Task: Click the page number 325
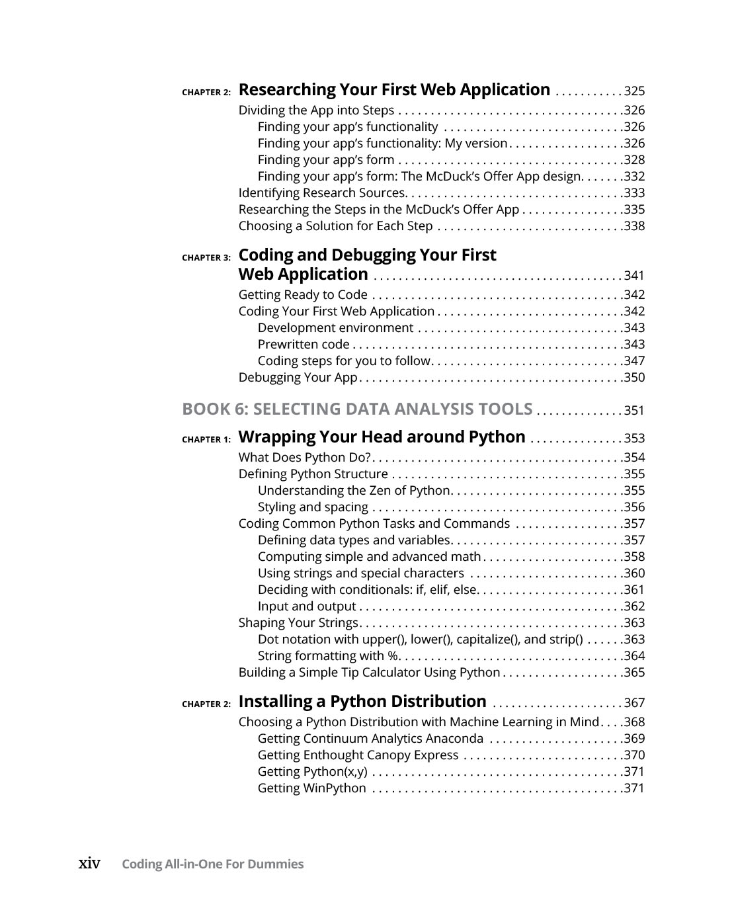[634, 91]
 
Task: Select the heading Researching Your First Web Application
[394, 90]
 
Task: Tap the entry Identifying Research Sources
[322, 193]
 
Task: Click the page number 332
[634, 177]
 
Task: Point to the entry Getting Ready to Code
[303, 295]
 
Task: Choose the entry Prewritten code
[304, 345]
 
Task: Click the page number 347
[634, 361]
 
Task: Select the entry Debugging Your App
[298, 378]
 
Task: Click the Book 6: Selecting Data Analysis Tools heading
[357, 409]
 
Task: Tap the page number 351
[634, 411]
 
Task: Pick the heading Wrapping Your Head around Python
[382, 437]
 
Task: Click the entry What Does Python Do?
[305, 458]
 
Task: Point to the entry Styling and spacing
[313, 507]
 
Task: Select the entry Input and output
[307, 606]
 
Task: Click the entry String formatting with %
[329, 656]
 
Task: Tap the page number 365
[634, 673]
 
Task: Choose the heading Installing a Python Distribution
[362, 702]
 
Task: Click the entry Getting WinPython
[311, 788]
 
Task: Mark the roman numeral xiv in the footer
[89, 864]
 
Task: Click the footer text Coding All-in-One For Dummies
[212, 864]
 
